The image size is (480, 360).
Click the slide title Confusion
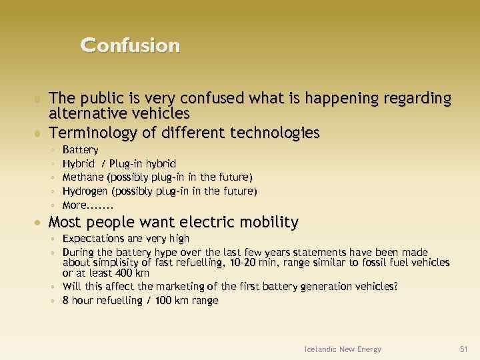tap(130, 45)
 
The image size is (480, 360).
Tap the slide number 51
tap(464, 349)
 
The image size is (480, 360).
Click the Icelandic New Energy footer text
tap(343, 349)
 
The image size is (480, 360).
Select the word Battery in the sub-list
tap(80, 149)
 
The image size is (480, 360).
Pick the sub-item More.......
tap(87, 205)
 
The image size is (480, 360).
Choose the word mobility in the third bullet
tap(263, 221)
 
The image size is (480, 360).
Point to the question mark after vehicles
tap(396, 287)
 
